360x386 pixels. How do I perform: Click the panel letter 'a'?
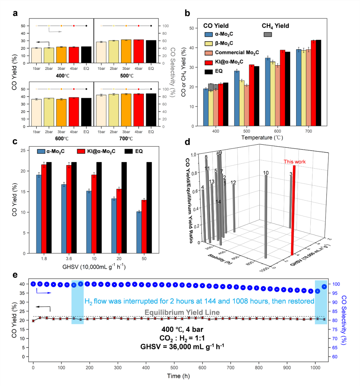[15, 14]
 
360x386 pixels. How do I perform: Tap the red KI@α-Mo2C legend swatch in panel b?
[208, 62]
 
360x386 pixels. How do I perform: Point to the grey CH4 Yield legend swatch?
[268, 34]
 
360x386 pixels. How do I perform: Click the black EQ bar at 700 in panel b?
[318, 83]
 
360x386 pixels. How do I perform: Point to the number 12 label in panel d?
[233, 182]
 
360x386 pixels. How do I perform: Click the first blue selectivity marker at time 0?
[33, 284]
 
